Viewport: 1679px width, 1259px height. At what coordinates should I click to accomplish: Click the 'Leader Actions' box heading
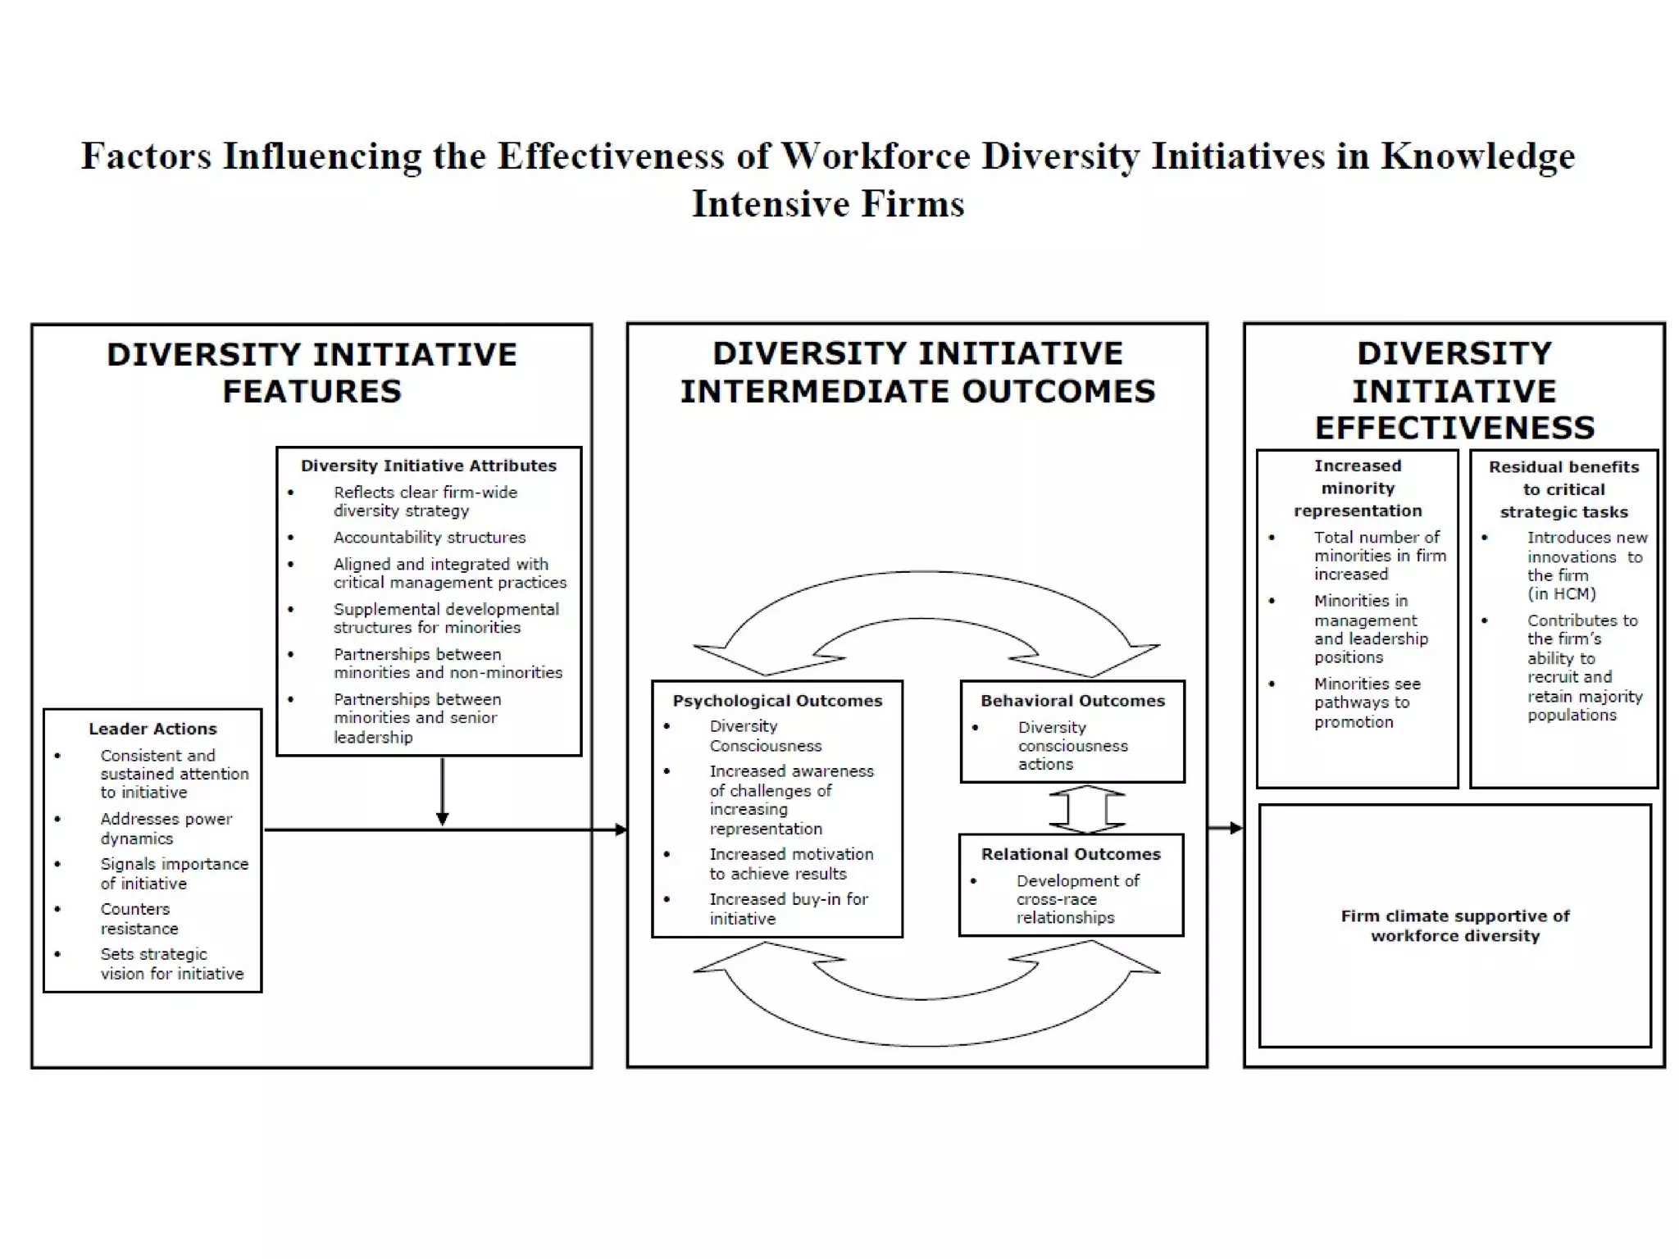[152, 729]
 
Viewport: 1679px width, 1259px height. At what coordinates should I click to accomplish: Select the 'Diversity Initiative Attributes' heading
[428, 466]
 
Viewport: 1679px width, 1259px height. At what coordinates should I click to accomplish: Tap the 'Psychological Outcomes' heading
[777, 701]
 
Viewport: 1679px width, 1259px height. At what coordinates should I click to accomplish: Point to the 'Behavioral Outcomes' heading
[1072, 701]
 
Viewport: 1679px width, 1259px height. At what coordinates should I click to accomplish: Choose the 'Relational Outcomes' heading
[1071, 854]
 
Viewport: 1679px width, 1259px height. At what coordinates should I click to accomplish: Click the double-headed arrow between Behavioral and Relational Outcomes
[1087, 809]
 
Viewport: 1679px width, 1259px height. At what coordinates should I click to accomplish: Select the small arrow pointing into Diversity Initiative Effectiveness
[1226, 828]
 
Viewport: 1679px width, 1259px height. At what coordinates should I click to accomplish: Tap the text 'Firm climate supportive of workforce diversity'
[1455, 925]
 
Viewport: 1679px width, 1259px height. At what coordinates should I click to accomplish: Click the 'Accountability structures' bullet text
[430, 538]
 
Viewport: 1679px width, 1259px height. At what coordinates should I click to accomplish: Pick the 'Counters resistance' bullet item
[139, 919]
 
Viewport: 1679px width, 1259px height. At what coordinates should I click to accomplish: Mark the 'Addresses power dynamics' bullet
[166, 828]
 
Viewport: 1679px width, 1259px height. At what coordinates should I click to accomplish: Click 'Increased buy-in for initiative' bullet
[788, 909]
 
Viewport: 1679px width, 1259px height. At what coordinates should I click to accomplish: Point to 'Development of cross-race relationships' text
[1077, 899]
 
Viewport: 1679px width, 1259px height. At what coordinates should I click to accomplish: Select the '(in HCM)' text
[1561, 594]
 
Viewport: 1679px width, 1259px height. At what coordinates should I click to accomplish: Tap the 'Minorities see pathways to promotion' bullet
[1367, 702]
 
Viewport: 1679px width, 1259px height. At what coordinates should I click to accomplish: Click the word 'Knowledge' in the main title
[1477, 156]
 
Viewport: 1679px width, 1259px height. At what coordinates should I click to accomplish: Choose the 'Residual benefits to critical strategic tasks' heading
[1563, 489]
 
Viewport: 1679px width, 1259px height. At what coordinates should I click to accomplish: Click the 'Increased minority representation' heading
[1358, 489]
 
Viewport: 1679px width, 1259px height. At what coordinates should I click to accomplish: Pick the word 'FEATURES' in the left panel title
[312, 392]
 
